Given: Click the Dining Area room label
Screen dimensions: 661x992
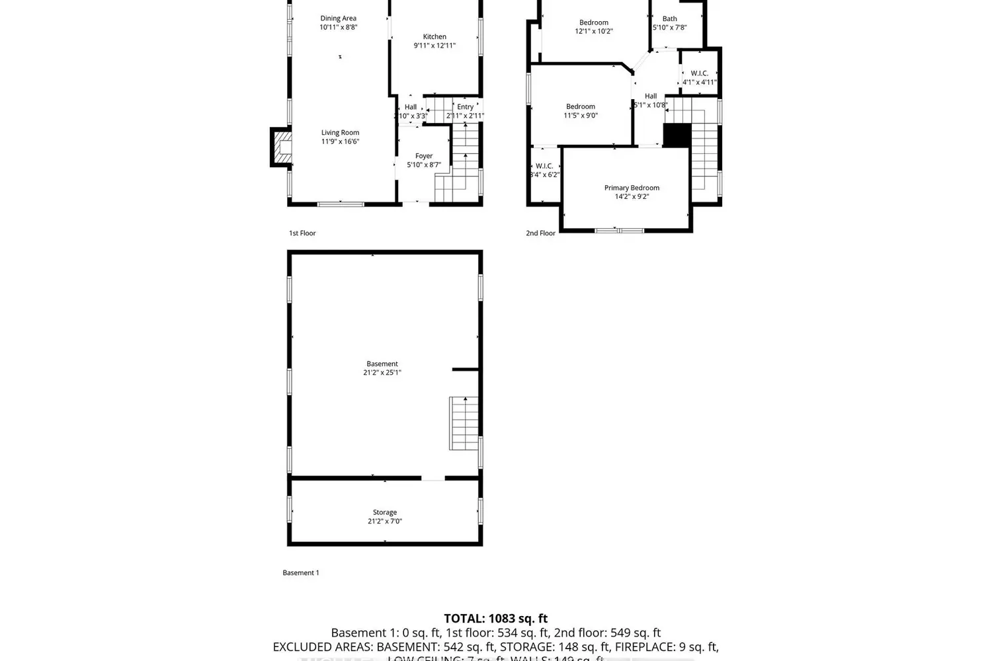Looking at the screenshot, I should click(338, 19).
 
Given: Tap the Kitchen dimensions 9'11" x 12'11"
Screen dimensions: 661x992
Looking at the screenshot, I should click(434, 46).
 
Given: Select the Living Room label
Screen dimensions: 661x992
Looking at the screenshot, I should click(340, 132).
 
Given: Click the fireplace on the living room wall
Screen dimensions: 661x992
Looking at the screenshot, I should click(281, 147).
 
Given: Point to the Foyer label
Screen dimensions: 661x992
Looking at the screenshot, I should click(423, 156).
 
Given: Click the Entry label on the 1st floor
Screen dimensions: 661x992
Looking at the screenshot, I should click(465, 106).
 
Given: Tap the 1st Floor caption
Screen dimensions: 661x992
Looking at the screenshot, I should click(302, 233).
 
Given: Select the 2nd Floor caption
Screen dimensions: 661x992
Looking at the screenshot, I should click(540, 233).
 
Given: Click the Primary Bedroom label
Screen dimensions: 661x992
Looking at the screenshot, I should click(632, 188).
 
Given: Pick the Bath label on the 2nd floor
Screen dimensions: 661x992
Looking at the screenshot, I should click(669, 19).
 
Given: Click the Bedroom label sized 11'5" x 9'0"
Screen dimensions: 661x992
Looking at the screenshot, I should click(580, 106).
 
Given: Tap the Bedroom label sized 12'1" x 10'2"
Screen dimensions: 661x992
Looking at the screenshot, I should click(593, 22).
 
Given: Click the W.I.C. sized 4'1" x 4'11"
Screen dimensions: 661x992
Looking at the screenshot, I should click(699, 73).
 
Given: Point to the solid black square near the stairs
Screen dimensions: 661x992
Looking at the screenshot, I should click(677, 136).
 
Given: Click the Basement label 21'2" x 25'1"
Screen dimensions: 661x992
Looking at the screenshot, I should click(382, 364).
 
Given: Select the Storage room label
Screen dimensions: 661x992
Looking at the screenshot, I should click(384, 512).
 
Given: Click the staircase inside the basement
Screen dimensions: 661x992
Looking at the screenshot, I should click(464, 424).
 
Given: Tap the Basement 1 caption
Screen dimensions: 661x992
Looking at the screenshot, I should click(300, 573).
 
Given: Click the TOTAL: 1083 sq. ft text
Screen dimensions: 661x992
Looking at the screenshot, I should click(495, 619).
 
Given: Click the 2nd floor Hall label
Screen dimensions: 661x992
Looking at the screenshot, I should click(651, 96).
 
